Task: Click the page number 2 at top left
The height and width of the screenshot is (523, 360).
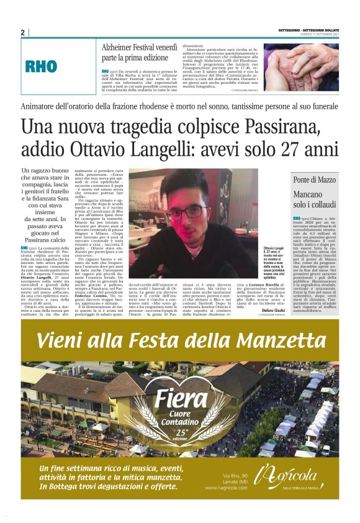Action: coord(22,33)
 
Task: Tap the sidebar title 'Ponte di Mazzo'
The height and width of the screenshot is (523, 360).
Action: coord(315,180)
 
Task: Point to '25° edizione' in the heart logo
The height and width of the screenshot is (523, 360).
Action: coord(182,434)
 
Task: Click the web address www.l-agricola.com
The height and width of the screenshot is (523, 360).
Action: coord(236,487)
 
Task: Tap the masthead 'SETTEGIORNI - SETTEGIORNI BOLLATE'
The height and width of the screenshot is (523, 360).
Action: coord(308,29)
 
